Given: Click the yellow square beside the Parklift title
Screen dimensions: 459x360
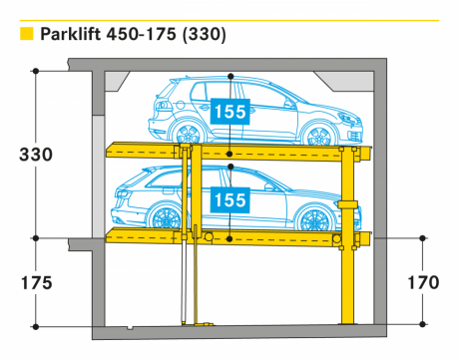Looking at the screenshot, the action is [27, 34].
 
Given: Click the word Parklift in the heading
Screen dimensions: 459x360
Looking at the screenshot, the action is [70, 34].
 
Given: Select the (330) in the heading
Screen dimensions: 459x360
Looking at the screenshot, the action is [205, 34].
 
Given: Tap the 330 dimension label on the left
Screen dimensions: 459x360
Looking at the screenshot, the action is [36, 155].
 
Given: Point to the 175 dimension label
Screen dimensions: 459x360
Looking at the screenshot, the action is [37, 283].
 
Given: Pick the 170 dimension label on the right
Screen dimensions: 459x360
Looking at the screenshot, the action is [423, 282].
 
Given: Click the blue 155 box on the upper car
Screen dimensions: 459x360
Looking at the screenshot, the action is [230, 112].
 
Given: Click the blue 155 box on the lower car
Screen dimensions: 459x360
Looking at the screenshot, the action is [230, 199].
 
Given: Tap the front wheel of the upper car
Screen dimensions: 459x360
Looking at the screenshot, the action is [318, 135].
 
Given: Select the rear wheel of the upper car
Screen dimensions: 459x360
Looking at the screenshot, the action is [188, 134].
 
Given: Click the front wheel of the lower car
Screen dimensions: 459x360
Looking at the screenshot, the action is [314, 219].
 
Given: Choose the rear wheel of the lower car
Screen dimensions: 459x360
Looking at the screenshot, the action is [166, 218].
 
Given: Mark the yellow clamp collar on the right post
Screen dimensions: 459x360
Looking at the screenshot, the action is [348, 204].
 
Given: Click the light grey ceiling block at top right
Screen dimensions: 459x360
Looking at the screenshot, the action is [346, 81].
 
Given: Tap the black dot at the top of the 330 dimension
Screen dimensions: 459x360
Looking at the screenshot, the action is [36, 71].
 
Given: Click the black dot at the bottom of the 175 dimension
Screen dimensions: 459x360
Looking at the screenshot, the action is [36, 327].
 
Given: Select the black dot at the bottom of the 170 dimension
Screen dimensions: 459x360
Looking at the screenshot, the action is [422, 324].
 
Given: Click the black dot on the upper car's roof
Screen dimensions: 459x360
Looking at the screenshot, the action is [230, 77].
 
